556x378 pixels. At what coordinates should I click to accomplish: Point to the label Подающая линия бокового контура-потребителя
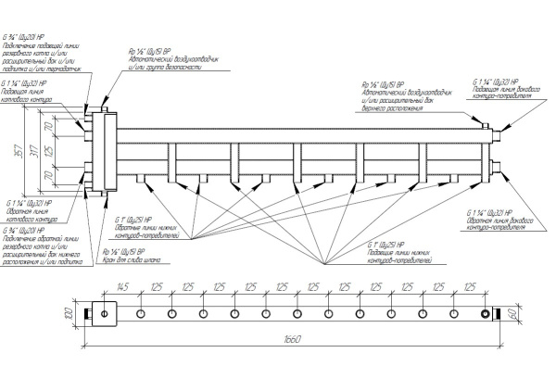point(501,90)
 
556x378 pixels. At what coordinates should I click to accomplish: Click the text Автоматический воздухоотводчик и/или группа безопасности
point(177,61)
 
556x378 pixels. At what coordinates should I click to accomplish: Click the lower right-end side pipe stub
point(499,167)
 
